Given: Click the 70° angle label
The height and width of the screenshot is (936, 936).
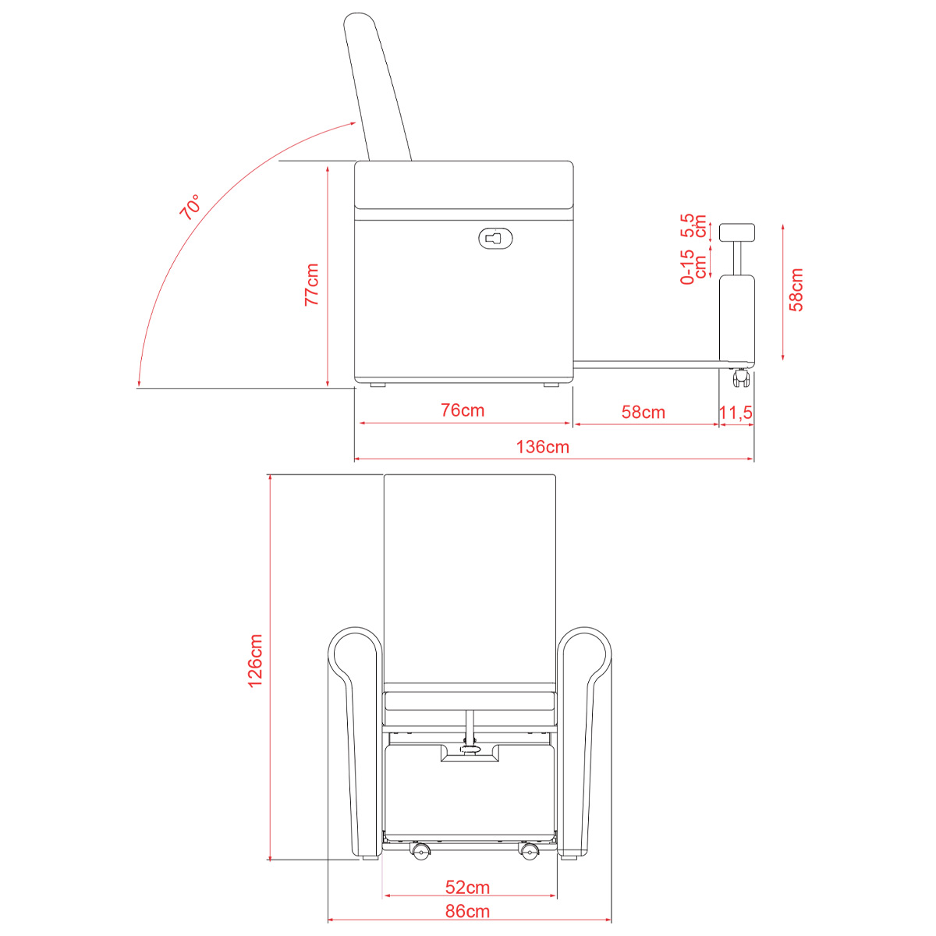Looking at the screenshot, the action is point(190,207).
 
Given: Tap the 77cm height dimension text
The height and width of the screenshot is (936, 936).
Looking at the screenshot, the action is point(312,285).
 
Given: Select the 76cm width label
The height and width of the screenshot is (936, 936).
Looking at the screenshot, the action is point(463,410).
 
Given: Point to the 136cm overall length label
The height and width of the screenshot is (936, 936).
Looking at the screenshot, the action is point(543,447).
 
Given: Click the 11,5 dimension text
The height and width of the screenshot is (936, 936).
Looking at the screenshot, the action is point(736,413).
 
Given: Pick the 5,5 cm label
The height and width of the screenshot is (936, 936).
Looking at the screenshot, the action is point(693,225).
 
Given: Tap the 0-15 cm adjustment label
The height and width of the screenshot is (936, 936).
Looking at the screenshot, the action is point(693,267).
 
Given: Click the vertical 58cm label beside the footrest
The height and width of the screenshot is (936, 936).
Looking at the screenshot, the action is point(796,289).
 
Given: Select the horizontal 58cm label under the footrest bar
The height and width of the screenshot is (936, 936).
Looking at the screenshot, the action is point(643,413).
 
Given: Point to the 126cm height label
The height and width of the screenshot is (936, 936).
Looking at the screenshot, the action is point(256,661).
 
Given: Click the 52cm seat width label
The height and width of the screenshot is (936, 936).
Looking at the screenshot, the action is point(467,888).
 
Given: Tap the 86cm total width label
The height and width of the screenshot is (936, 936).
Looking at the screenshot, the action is point(467,911).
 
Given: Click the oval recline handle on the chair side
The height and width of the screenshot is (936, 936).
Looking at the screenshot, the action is point(495,239).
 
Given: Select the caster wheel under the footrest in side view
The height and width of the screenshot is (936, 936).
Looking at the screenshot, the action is point(740,378).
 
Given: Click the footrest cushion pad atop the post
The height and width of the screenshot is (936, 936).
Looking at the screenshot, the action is point(737,232).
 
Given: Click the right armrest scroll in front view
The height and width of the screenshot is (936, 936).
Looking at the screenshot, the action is point(584,654).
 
